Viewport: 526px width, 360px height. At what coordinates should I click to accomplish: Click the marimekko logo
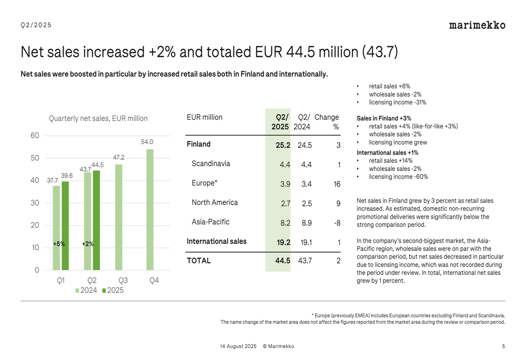coord(477,25)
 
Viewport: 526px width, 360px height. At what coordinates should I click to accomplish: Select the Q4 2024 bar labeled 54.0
coord(150,210)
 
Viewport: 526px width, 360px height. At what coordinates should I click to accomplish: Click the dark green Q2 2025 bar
coord(96,220)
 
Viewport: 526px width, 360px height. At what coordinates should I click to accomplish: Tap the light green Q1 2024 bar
coord(56,228)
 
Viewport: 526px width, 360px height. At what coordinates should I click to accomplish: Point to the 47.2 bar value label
coord(119,158)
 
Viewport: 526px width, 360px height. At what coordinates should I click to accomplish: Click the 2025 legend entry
coord(113,290)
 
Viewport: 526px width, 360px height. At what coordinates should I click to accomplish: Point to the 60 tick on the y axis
coord(35,136)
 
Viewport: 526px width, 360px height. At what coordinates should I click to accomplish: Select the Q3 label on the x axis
coord(123,280)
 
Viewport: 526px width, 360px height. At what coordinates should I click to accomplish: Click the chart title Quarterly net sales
coord(98,118)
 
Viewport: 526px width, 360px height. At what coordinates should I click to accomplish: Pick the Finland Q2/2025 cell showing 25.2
coord(283,145)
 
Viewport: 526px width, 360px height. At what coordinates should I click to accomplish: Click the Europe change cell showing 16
coord(337,184)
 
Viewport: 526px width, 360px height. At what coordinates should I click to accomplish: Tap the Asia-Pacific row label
coord(210,222)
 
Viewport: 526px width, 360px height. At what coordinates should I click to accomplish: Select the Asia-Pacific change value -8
coord(337,223)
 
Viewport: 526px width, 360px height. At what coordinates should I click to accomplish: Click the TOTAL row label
coord(199,261)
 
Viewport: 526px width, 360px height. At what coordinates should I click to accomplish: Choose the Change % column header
coord(327,122)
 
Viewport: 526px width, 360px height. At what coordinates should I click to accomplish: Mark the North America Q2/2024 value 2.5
coord(307,203)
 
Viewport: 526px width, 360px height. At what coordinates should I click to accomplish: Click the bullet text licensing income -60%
coord(399,177)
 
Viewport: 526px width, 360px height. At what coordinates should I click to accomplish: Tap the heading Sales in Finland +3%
coord(384,118)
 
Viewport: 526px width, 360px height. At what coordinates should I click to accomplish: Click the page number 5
coord(503,346)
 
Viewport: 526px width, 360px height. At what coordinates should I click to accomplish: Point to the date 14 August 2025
coord(238,346)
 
